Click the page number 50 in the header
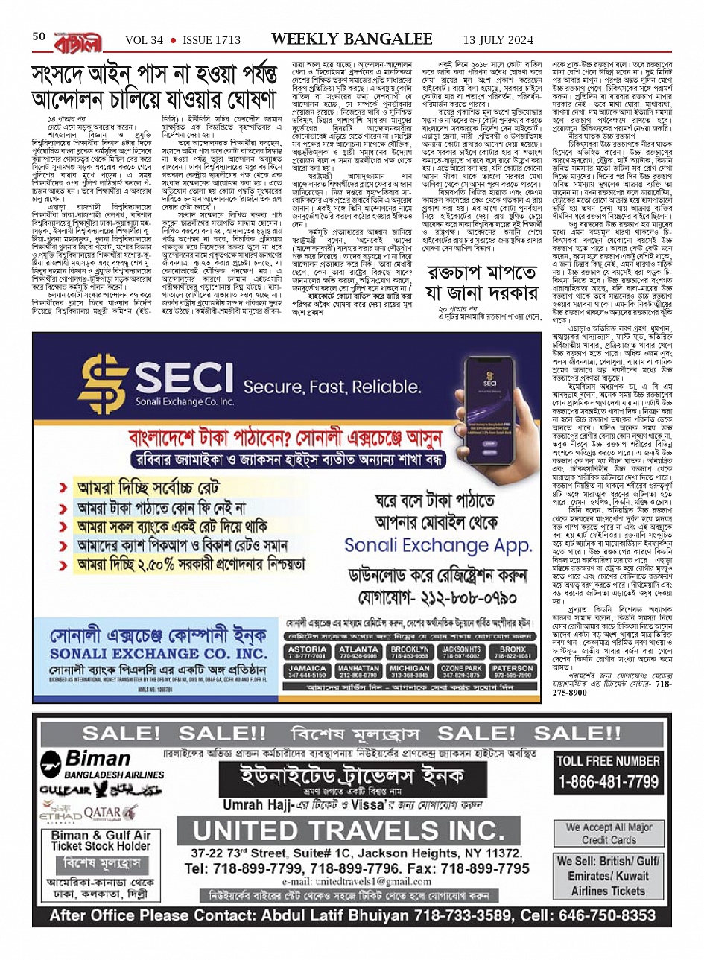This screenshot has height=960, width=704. pyautogui.click(x=39, y=36)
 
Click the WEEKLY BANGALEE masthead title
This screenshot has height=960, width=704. pyautogui.click(x=352, y=39)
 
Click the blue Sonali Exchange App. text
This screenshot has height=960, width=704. pyautogui.click(x=437, y=546)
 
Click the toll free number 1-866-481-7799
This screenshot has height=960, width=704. pyautogui.click(x=608, y=782)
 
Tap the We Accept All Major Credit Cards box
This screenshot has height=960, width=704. pyautogui.click(x=609, y=833)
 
